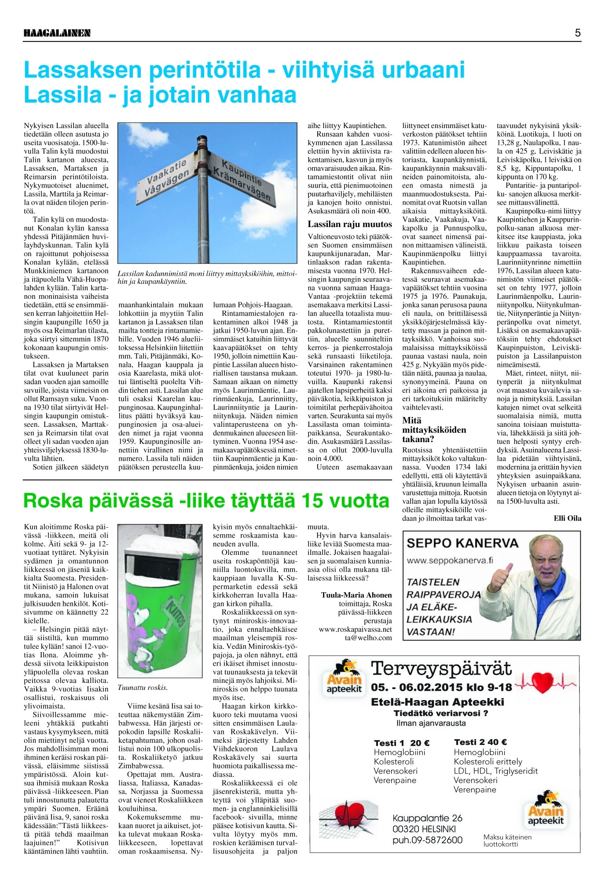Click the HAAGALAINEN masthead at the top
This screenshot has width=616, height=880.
pyautogui.click(x=57, y=33)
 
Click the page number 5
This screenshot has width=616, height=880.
pyautogui.click(x=578, y=33)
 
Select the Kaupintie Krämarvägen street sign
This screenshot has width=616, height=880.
pyautogui.click(x=241, y=181)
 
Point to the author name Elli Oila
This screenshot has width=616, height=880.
pyautogui.click(x=567, y=518)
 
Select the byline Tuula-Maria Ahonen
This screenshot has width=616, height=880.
pyautogui.click(x=356, y=595)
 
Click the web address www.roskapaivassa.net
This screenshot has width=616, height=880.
pyautogui.click(x=355, y=629)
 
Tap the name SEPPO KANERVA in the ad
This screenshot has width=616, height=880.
pyautogui.click(x=462, y=543)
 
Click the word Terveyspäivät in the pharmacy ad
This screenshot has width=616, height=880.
pyautogui.click(x=441, y=669)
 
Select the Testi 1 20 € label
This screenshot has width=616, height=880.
pyautogui.click(x=401, y=743)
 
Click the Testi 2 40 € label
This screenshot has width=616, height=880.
pyautogui.click(x=480, y=742)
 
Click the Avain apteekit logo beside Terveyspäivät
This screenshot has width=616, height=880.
pyautogui.click(x=345, y=677)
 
